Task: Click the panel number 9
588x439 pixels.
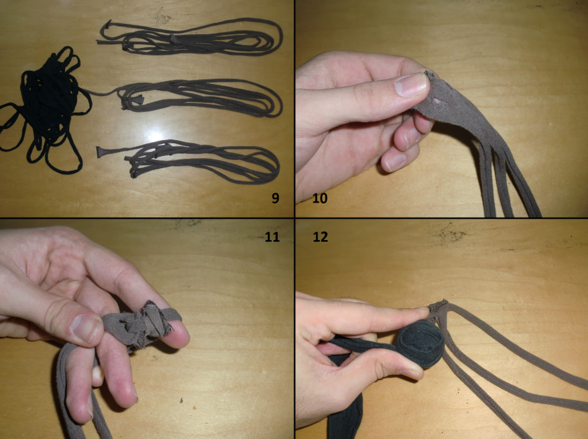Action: (x=275, y=198)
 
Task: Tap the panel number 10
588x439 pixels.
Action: (x=320, y=198)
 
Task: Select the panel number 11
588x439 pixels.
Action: (x=272, y=237)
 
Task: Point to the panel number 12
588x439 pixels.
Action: (x=320, y=237)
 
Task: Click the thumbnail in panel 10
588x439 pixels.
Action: (x=411, y=85)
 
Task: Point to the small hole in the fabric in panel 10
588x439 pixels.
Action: (x=436, y=102)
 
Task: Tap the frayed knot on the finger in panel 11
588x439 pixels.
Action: (x=145, y=324)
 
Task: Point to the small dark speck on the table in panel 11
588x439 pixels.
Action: (x=182, y=401)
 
